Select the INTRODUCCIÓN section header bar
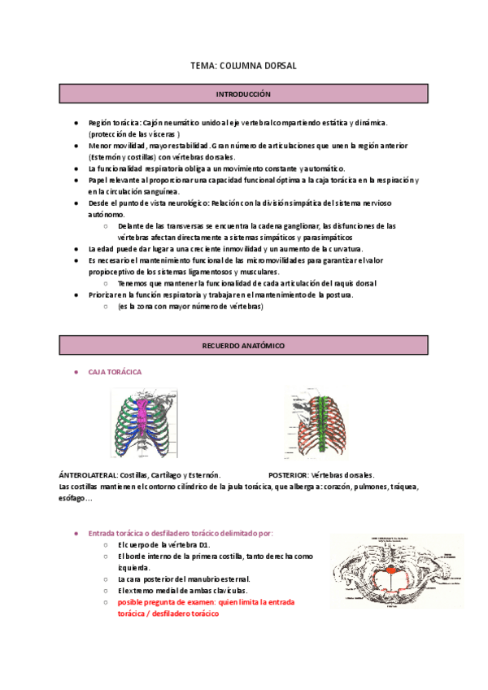(x=243, y=94)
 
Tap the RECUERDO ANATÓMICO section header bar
(x=243, y=346)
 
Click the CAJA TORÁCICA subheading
(x=115, y=372)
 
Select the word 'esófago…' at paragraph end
(x=76, y=498)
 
